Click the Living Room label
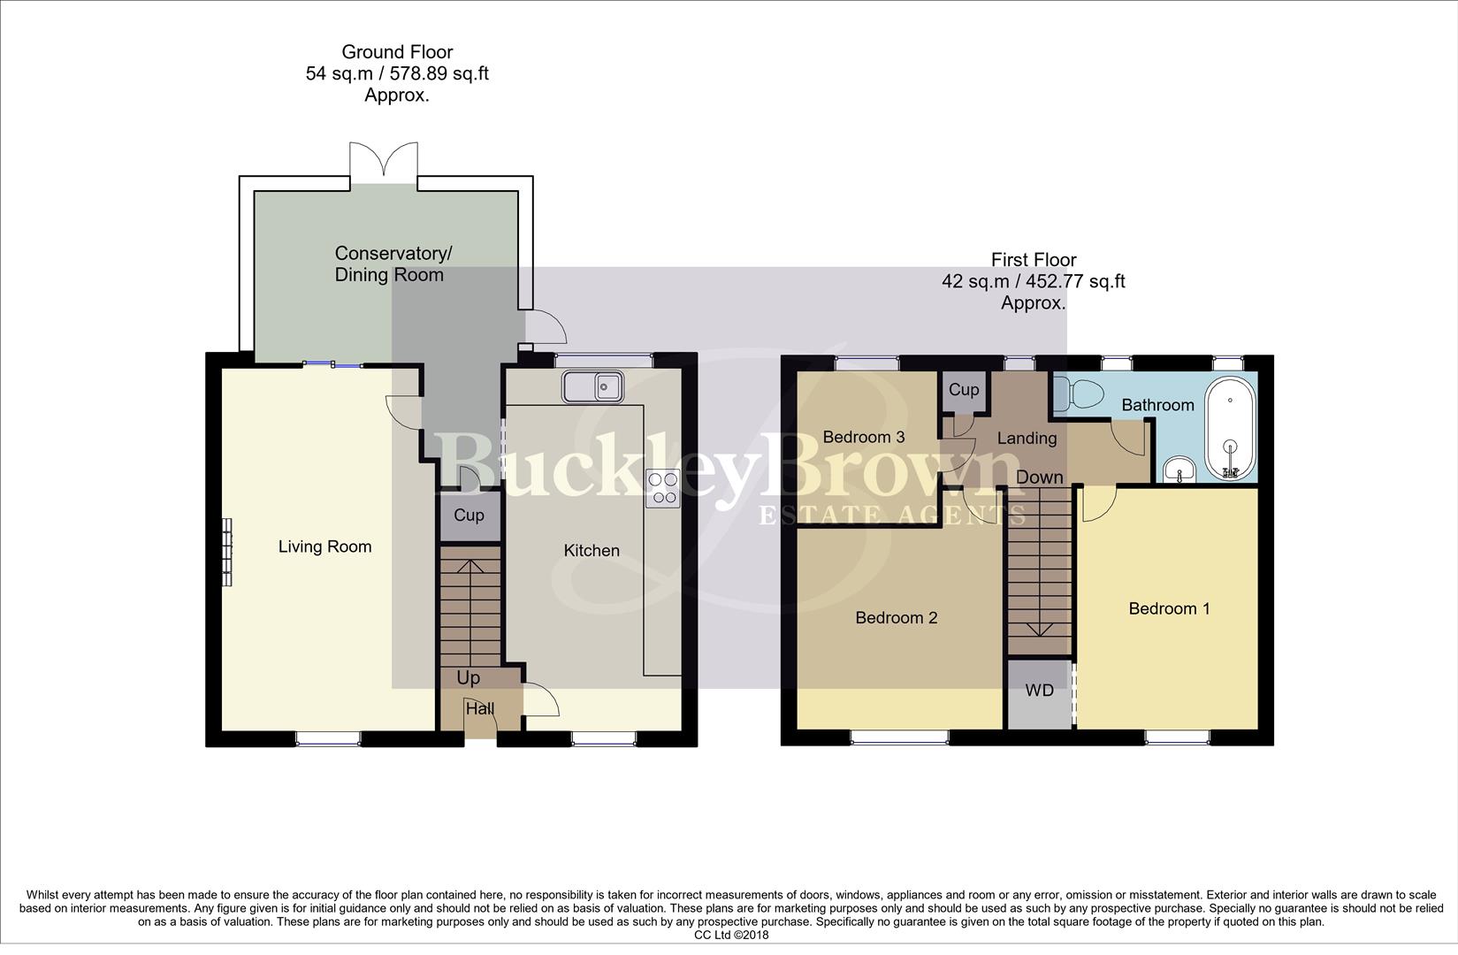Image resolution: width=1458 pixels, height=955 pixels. [x=324, y=546]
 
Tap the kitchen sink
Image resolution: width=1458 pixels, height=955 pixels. [x=593, y=386]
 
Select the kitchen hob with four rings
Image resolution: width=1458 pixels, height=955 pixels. [x=663, y=488]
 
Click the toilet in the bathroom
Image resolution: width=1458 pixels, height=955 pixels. [x=1080, y=393]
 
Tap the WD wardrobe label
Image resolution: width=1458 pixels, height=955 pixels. [x=1040, y=690]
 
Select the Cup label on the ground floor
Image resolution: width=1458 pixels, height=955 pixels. [x=469, y=516]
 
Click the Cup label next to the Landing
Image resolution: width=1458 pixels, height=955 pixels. [x=964, y=390]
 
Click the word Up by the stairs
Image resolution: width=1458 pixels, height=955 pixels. [x=469, y=677]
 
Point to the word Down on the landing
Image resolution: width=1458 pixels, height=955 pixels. [x=1040, y=477]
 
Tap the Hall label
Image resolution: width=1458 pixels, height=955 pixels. [x=480, y=708]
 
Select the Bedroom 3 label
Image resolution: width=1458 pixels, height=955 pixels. [x=864, y=437]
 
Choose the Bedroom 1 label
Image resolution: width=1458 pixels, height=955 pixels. [x=1169, y=608]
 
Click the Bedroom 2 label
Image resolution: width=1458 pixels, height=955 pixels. [x=896, y=618]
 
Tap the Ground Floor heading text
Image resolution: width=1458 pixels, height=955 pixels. [x=397, y=52]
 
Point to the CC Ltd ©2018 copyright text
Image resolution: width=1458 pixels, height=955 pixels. [x=731, y=935]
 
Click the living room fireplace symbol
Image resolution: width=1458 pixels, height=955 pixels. [x=227, y=552]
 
